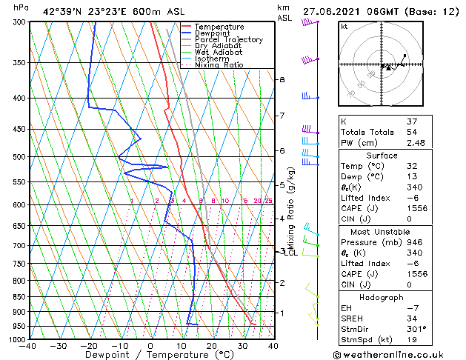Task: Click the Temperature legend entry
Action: [219, 27]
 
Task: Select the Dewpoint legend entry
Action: [211, 33]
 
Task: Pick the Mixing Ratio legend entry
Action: [219, 65]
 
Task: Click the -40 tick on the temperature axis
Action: [29, 345]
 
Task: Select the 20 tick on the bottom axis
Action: [212, 345]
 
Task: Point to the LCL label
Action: [292, 253]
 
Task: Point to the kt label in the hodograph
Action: [344, 27]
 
